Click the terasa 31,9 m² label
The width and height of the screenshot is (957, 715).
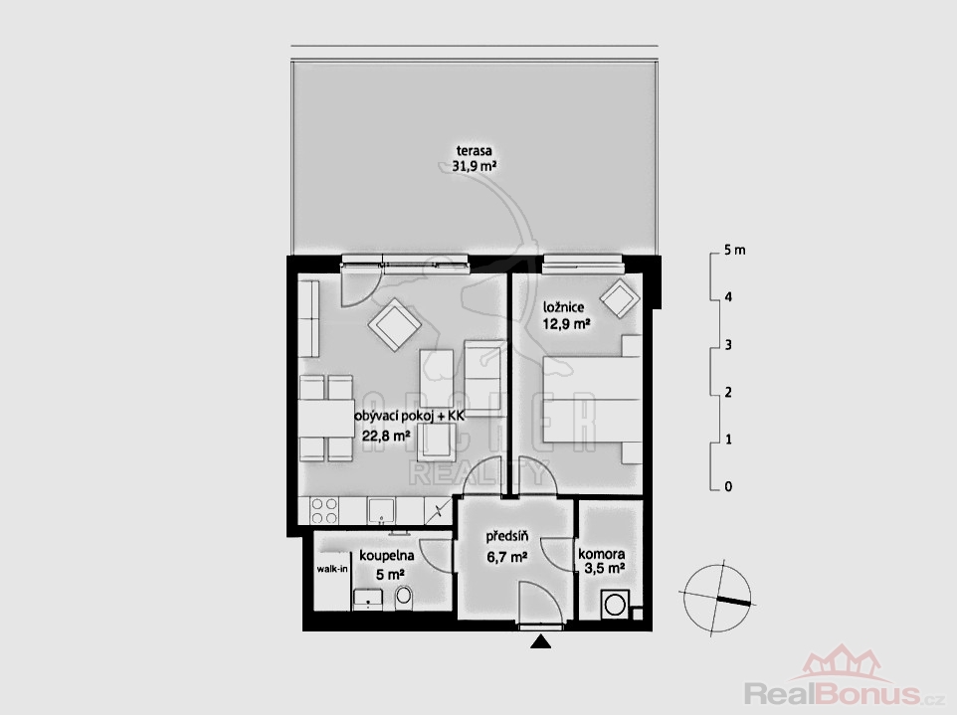click(x=474, y=157)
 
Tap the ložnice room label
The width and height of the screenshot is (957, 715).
click(x=563, y=307)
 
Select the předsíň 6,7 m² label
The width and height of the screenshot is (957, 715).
click(x=507, y=546)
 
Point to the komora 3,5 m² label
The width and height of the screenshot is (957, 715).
click(x=601, y=561)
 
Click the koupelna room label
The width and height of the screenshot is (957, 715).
click(x=387, y=556)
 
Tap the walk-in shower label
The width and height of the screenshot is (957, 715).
click(x=332, y=569)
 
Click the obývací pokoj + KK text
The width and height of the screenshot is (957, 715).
click(x=410, y=416)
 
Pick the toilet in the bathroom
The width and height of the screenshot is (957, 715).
click(x=404, y=598)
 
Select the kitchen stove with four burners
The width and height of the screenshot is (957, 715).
click(x=324, y=511)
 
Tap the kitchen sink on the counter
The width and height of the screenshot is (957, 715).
click(x=381, y=510)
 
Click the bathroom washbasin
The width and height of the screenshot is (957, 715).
click(x=367, y=599)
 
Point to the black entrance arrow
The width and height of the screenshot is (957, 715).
click(x=540, y=641)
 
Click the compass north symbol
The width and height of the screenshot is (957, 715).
click(x=717, y=595)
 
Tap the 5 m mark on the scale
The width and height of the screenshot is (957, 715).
click(x=734, y=251)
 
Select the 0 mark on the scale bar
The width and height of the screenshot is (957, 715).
click(x=727, y=487)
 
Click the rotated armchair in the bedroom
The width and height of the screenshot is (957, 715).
click(x=620, y=298)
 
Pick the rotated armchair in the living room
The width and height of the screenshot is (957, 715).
click(x=395, y=325)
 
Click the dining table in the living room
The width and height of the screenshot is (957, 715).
click(x=326, y=418)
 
